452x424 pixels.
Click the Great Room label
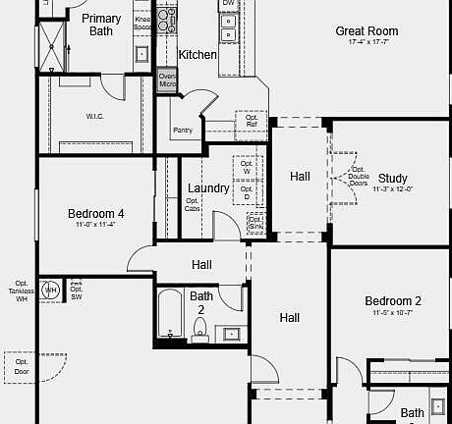367,31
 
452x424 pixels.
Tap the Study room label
392,179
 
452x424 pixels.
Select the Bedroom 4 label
95,213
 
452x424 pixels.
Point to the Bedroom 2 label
392,301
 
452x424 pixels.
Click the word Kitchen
198,55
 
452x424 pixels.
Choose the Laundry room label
208,188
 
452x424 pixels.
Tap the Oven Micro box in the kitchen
167,80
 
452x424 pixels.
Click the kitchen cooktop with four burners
168,21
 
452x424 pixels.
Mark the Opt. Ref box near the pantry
252,120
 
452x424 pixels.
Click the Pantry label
182,130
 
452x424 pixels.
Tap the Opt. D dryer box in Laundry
247,193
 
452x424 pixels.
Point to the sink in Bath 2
232,334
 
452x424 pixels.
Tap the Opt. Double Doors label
359,179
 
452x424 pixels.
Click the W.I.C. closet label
95,117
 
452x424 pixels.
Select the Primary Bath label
101,25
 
